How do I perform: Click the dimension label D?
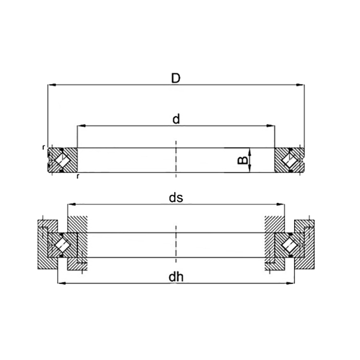[176, 78]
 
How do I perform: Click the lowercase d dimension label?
[176, 119]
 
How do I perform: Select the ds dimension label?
[176, 197]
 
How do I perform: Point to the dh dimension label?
[176, 277]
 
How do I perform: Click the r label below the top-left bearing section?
[77, 176]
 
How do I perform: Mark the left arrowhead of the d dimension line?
[80, 125]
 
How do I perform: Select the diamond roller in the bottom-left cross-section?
[61, 244]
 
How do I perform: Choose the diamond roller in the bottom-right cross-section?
[290, 244]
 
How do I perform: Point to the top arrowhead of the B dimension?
[249, 150]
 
